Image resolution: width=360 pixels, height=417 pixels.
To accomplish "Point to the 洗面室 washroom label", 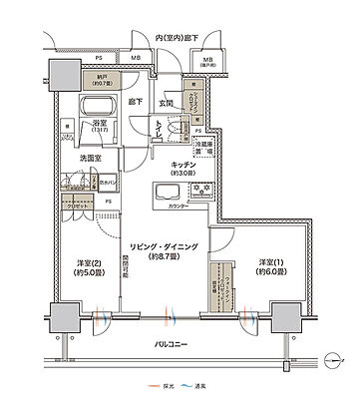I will (x=80, y=156).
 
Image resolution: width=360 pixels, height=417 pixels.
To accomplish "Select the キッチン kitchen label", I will (x=182, y=162).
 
